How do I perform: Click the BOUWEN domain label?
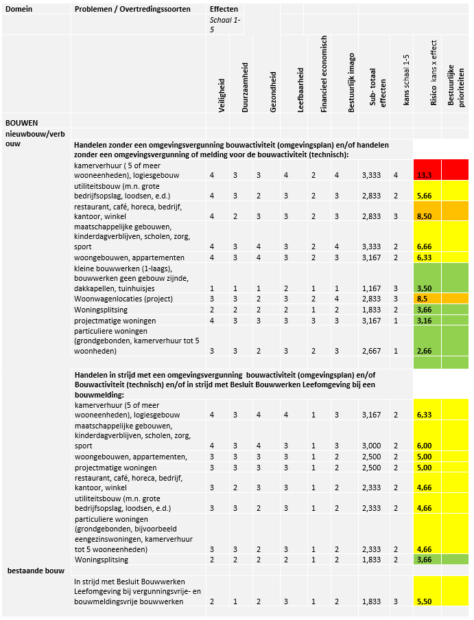pos(21,123)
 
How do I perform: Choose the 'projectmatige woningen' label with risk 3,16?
pos(115,321)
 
